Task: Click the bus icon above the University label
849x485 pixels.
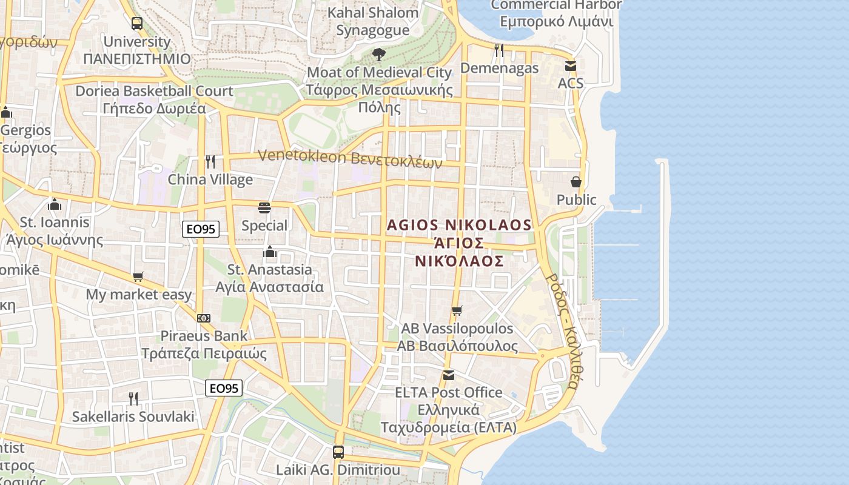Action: click(137, 24)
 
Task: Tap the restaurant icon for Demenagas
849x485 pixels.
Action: click(499, 50)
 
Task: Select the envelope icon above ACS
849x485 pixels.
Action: click(570, 65)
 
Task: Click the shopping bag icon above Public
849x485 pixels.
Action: click(576, 182)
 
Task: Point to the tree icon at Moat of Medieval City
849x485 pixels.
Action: click(379, 55)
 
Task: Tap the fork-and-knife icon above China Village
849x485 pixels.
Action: click(210, 161)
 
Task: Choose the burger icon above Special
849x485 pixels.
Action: click(264, 208)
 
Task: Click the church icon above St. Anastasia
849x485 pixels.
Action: click(270, 252)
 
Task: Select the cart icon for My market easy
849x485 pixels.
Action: click(138, 277)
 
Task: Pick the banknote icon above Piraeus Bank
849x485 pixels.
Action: click(204, 318)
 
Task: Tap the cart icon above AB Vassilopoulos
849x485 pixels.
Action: click(457, 311)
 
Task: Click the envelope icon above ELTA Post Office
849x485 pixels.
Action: click(449, 375)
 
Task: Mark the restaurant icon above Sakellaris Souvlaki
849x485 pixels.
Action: click(133, 399)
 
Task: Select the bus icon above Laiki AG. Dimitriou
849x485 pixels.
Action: click(338, 452)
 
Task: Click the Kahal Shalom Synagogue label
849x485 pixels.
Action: click(373, 21)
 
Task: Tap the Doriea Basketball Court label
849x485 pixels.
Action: click(154, 100)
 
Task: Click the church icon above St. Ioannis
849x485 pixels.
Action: click(55, 204)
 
